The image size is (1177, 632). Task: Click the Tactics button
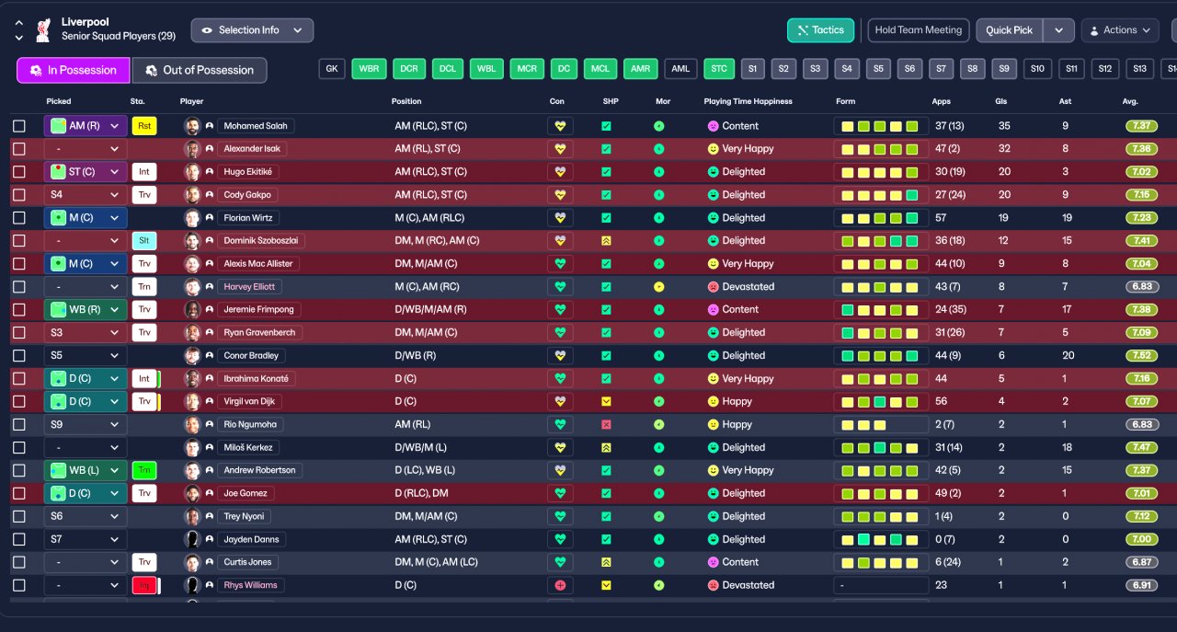(x=820, y=30)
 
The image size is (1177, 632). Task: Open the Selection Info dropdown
(x=252, y=30)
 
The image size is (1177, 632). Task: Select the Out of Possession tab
(x=200, y=71)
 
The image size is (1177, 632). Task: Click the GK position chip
(x=332, y=69)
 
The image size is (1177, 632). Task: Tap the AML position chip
(x=680, y=69)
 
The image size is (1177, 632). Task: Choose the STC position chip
(x=719, y=69)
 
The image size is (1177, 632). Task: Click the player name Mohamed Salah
(x=256, y=126)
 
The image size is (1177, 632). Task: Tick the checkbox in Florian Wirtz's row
(x=19, y=218)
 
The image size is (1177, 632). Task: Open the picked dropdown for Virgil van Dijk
(x=86, y=402)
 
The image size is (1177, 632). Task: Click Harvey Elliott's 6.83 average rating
(x=1141, y=287)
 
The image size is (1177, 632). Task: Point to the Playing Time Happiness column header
(x=748, y=101)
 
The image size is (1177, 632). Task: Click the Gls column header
(x=1000, y=101)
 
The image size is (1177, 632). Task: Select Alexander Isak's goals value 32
(x=1003, y=149)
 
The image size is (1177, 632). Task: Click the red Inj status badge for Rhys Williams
(x=143, y=586)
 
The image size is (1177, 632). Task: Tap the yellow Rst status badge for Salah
(x=144, y=126)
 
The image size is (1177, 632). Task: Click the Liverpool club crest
(x=42, y=30)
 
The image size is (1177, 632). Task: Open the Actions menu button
(x=1119, y=30)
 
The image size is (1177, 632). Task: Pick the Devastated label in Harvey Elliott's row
(x=748, y=287)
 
